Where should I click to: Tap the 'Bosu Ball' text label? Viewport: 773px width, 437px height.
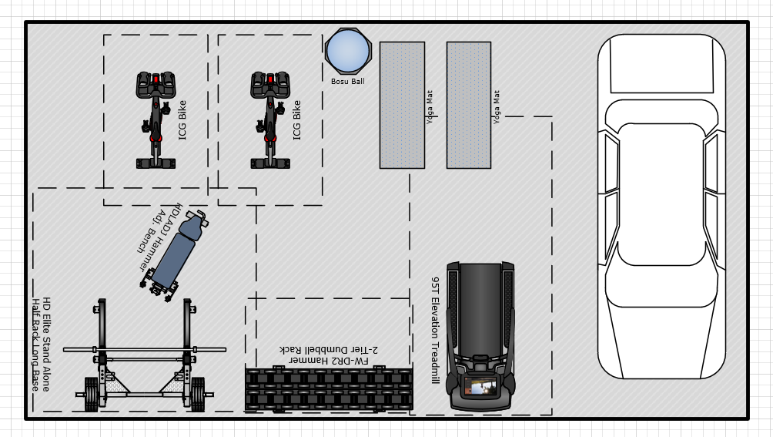[347, 82]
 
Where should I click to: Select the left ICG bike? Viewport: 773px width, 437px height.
[156, 120]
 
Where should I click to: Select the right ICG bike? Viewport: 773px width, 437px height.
[270, 120]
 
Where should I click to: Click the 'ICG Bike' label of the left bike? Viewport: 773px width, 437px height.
[182, 120]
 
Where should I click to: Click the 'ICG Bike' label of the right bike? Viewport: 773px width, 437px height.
[296, 120]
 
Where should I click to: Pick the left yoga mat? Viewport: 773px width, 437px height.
[402, 105]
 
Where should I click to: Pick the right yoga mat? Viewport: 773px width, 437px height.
[469, 105]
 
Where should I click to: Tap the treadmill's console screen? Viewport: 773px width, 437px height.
[480, 387]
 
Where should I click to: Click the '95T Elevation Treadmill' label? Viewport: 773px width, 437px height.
[435, 330]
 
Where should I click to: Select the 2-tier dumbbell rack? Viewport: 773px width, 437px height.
[329, 389]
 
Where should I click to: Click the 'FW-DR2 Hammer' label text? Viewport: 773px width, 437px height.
[328, 361]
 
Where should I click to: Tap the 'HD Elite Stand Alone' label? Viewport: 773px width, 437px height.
[46, 345]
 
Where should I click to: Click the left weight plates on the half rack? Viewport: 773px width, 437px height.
[91, 394]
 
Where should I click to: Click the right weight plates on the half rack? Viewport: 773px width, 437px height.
[198, 394]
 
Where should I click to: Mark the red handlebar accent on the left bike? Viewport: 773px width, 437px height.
[156, 79]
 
